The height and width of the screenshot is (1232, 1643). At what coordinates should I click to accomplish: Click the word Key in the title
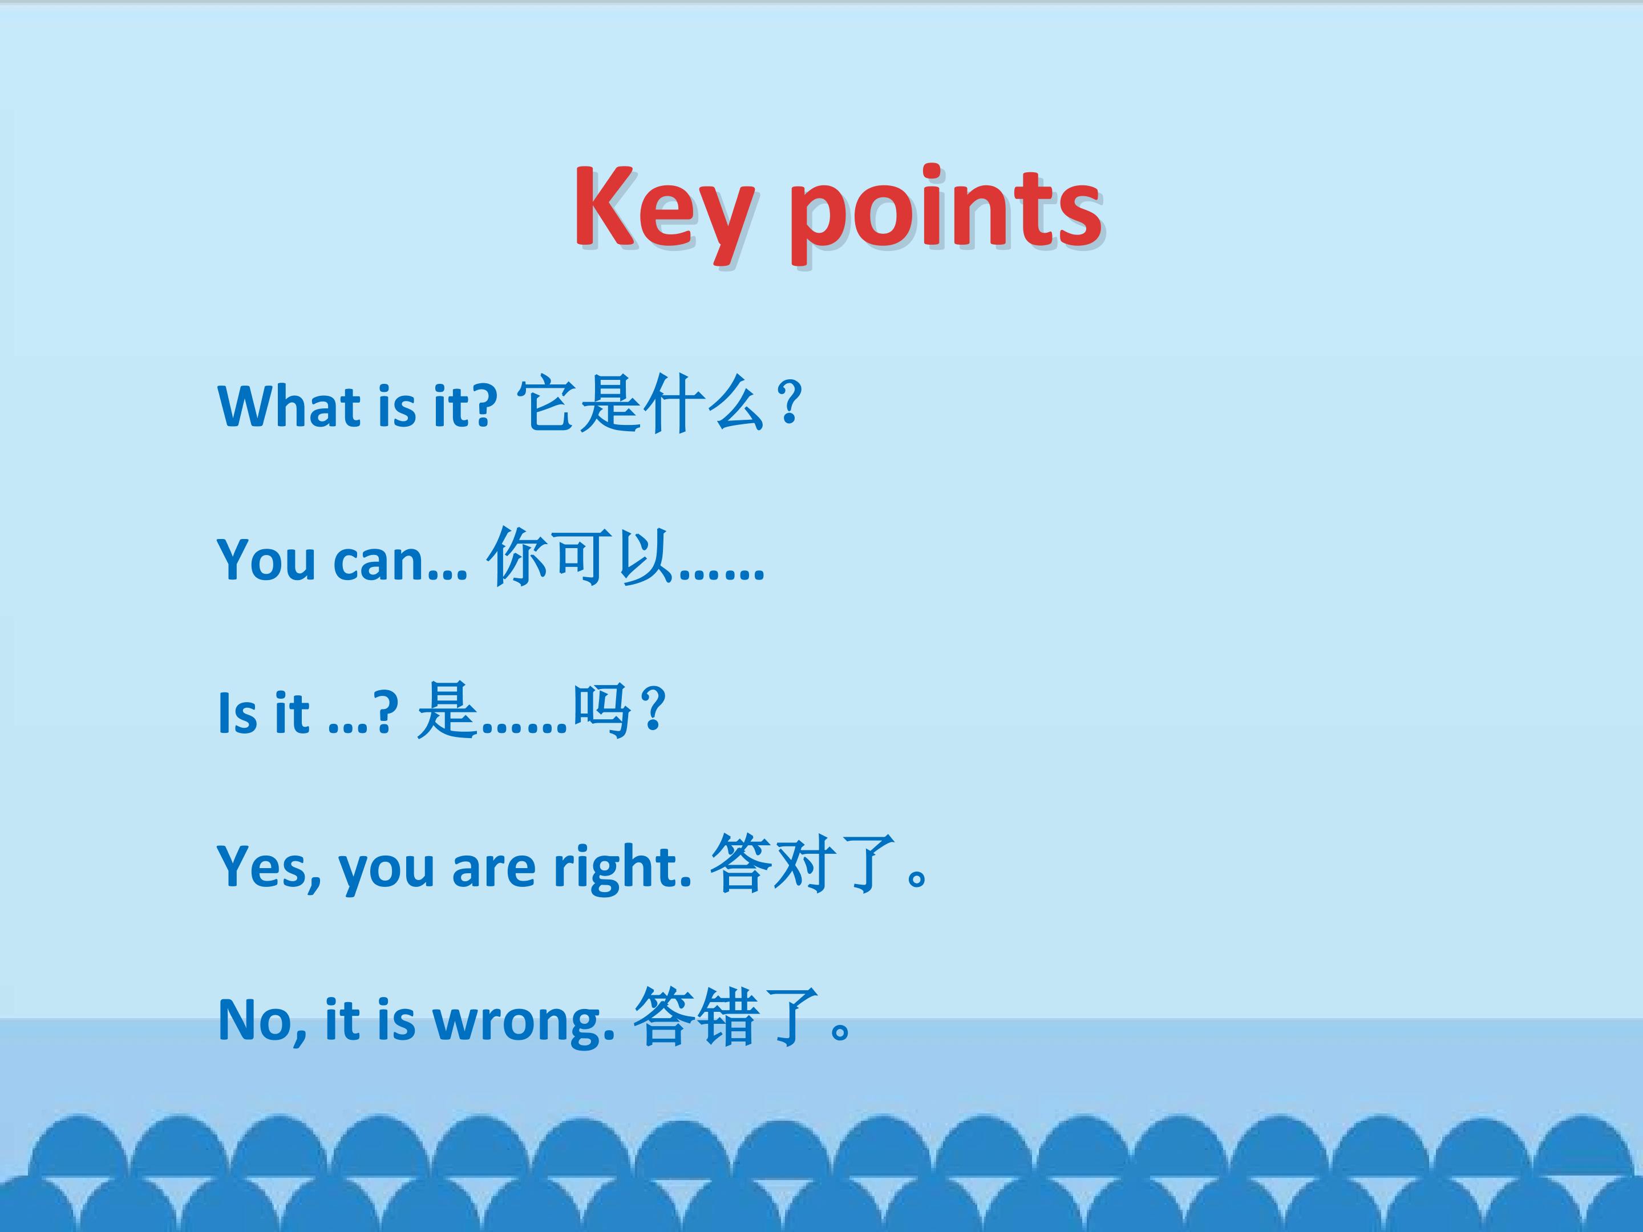662,209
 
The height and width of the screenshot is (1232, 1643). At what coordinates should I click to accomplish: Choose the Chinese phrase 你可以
580,557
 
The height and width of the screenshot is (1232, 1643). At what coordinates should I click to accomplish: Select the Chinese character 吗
602,711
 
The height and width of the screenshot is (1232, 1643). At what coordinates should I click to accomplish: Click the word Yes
269,866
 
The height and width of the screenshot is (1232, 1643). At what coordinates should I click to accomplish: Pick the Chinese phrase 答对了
802,864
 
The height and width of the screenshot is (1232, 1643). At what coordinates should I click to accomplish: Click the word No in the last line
261,1020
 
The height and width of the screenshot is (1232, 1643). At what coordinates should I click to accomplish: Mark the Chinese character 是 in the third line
446,711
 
